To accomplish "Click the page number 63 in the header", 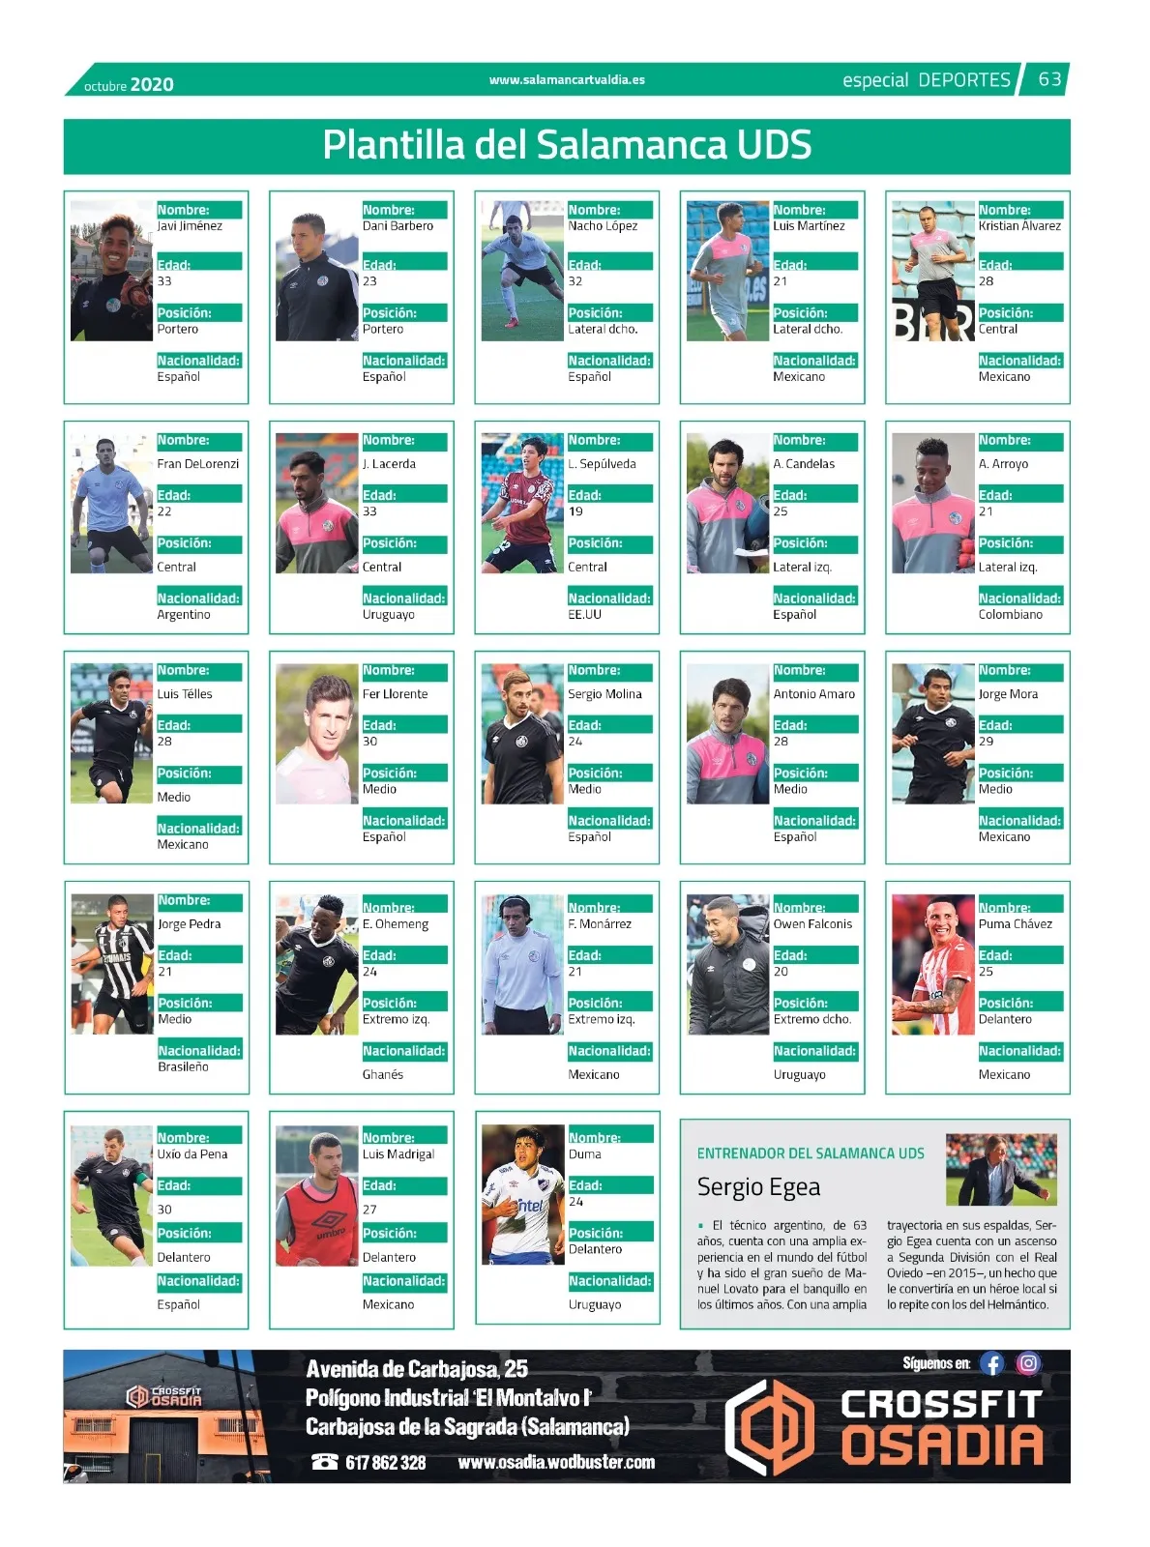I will tap(1049, 79).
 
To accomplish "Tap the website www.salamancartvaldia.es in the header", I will tap(567, 80).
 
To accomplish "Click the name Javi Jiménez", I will tap(190, 226).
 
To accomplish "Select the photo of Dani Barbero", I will tap(316, 272).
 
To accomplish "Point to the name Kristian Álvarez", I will tap(1019, 226).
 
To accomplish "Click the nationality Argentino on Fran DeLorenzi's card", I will tap(184, 615).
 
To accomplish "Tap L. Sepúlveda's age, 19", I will tap(575, 511).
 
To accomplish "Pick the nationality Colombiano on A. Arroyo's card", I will tap(1010, 615).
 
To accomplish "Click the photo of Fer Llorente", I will tap(316, 734).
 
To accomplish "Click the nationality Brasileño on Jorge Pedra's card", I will tap(183, 1067).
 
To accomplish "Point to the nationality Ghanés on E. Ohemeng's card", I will tap(383, 1075).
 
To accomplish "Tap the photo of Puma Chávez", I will tap(932, 965).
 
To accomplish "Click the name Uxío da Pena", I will tap(193, 1154).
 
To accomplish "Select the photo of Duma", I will tap(522, 1195).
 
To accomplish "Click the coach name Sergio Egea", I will tap(758, 1187).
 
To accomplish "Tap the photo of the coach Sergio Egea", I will tap(1001, 1169).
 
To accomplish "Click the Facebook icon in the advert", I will tap(991, 1364).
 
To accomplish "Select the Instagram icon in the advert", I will tap(1028, 1364).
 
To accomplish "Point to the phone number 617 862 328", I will tap(385, 1463).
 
